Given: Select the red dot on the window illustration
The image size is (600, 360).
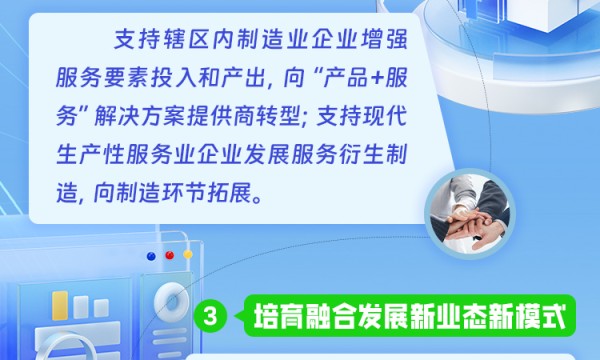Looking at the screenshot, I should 169,255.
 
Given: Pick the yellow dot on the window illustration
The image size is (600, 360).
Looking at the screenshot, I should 186,255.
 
